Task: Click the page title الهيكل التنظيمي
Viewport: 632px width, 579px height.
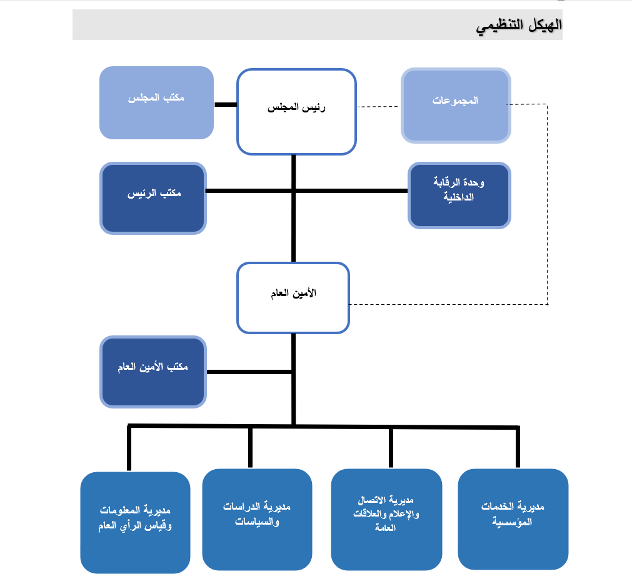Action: [x=519, y=26]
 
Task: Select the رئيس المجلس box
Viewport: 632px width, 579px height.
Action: [x=296, y=112]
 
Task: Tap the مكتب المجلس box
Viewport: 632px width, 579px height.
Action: [x=156, y=102]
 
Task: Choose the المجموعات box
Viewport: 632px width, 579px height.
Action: [x=456, y=106]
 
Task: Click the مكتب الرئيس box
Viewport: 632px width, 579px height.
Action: [x=153, y=198]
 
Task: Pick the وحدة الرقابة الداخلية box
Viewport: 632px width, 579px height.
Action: [x=459, y=195]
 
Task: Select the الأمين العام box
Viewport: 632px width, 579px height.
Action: [x=293, y=298]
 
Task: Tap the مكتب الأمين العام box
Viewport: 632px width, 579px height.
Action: [x=153, y=372]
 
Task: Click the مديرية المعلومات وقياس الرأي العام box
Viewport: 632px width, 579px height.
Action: [x=135, y=522]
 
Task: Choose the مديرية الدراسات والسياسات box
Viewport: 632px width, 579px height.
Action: [x=257, y=520]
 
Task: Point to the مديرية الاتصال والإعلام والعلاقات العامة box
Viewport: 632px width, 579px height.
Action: [x=386, y=520]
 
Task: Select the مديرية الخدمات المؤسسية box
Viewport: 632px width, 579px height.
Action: [x=513, y=520]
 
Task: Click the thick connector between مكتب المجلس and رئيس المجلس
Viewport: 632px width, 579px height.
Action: [x=226, y=105]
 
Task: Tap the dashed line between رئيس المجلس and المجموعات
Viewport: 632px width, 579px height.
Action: [x=378, y=107]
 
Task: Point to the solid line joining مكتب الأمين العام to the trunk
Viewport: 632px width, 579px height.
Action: [x=249, y=372]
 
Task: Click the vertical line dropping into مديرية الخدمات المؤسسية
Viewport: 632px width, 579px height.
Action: [x=518, y=447]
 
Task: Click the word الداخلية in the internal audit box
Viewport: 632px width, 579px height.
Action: [x=459, y=197]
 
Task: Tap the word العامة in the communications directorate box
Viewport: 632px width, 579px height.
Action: [x=385, y=527]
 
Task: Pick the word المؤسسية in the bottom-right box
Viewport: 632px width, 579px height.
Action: [x=512, y=522]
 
